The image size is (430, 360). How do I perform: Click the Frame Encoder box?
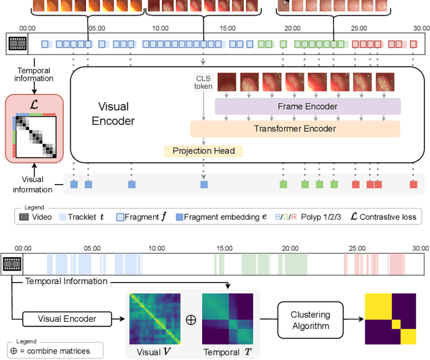point(307,106)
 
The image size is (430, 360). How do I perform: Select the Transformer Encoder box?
point(295,129)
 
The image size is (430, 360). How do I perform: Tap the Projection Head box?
point(204,151)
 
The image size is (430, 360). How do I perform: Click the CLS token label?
point(203,82)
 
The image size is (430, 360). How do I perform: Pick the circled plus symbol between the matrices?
point(191,319)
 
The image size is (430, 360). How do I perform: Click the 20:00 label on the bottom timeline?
point(291,248)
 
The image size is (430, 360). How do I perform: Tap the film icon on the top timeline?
point(16,44)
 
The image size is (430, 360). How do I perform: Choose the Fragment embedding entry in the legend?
point(214,216)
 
